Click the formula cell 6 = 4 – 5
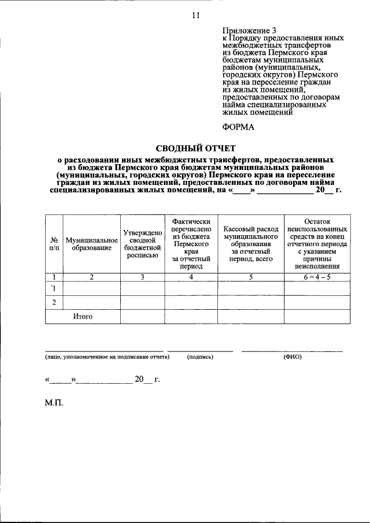click(316, 277)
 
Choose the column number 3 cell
click(142, 277)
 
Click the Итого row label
click(83, 316)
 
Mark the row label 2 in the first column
click(54, 302)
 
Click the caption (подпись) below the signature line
click(200, 357)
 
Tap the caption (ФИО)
click(292, 357)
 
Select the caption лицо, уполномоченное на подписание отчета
click(107, 357)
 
